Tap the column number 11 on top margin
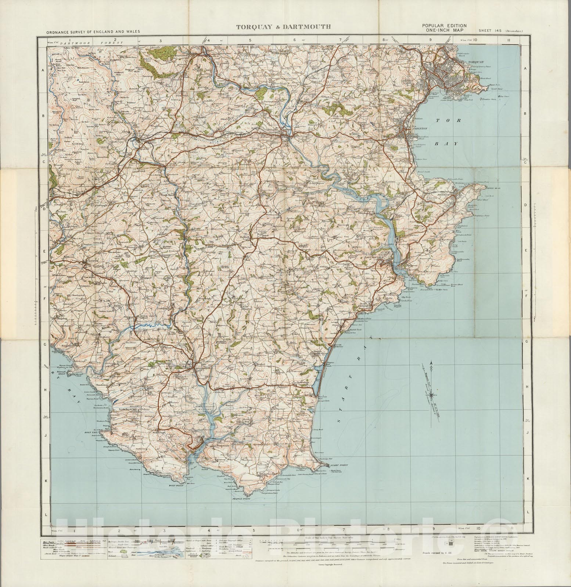[x=508, y=40]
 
